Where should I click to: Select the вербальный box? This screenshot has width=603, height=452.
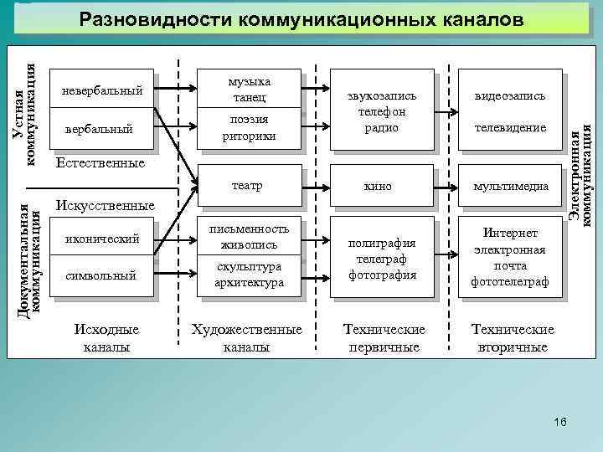point(103,130)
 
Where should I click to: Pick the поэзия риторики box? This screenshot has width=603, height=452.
point(250,129)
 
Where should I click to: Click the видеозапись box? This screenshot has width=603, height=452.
point(510,96)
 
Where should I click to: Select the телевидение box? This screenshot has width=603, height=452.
point(510,128)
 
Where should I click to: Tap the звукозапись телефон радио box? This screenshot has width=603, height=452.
point(381,111)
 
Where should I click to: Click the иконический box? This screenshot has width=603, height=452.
point(103,239)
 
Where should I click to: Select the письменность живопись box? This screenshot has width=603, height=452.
point(250,237)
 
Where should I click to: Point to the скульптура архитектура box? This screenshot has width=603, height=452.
point(250,275)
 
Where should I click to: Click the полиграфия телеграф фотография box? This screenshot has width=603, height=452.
point(381,257)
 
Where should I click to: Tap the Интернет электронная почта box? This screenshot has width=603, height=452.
point(510,257)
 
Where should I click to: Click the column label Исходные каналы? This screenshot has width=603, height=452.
point(106,338)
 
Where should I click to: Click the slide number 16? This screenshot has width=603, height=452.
point(559,422)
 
